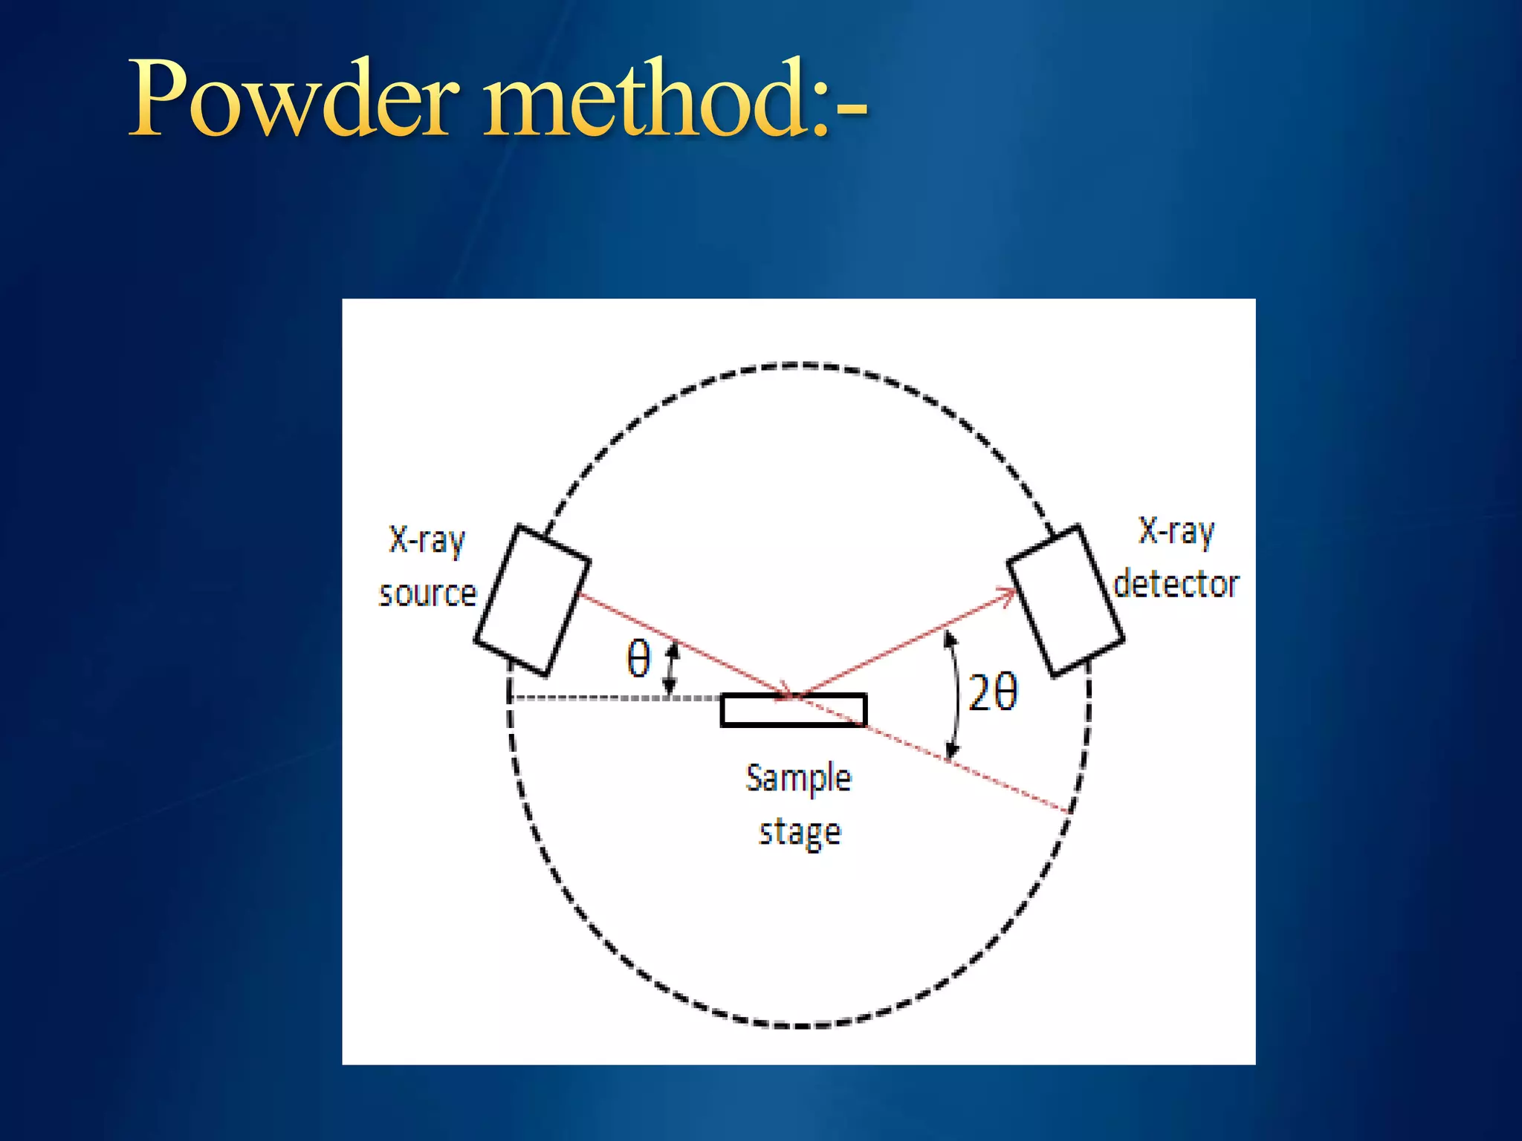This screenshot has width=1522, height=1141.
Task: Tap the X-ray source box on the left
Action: (x=532, y=600)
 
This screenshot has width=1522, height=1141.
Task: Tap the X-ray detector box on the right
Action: (x=1066, y=600)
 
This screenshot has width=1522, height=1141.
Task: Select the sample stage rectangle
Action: (x=793, y=710)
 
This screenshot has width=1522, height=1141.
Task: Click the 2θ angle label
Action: (x=993, y=693)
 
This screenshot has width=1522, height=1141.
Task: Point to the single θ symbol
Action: (x=638, y=659)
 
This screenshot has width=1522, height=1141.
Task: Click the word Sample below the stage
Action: (x=798, y=778)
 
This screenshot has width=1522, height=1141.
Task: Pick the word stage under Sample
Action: (x=800, y=833)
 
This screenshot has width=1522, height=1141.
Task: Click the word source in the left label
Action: (x=427, y=594)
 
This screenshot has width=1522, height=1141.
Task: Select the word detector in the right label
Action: (x=1176, y=584)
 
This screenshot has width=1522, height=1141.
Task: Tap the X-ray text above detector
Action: (x=1176, y=531)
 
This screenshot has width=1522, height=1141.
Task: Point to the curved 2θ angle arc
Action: (x=955, y=695)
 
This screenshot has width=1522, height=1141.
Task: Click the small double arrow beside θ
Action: (x=671, y=669)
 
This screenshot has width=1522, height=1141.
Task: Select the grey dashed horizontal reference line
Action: (x=617, y=698)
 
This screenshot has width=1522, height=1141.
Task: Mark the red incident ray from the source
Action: (x=684, y=645)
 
